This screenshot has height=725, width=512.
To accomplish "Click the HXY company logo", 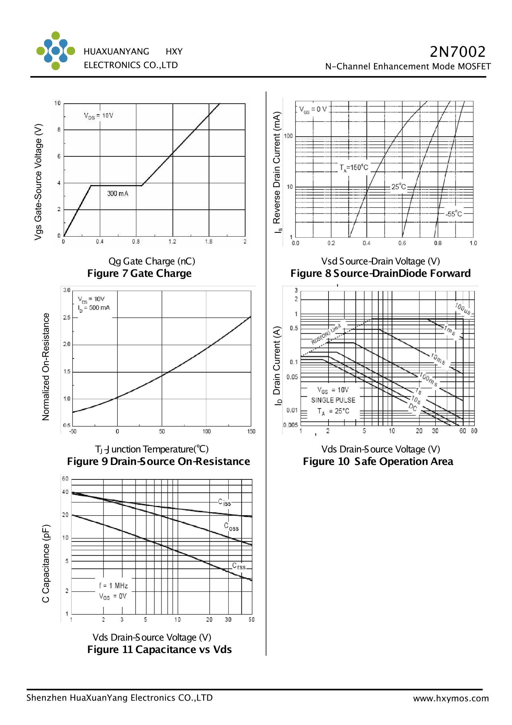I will coord(56,51).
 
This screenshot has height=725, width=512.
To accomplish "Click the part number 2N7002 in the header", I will coord(457,52).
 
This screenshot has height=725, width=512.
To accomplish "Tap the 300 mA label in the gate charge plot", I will coord(117,194).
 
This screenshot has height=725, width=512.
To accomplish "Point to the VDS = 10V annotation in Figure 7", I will coord(98,116).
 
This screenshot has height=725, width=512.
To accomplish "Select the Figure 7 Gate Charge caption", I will coord(139,273).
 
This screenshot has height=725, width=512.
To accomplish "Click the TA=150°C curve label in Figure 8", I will coord(354,168).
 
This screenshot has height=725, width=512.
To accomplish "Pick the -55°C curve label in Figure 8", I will coord(453,214).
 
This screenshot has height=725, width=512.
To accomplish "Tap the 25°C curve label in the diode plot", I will coord(398,187).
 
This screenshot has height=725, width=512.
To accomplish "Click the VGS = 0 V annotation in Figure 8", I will coord(313,110).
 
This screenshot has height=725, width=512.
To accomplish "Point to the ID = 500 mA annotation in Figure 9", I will coord(94,308).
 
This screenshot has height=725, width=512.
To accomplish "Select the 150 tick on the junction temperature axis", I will coord(251,432).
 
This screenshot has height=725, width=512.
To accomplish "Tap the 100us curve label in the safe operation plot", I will coord(462,309).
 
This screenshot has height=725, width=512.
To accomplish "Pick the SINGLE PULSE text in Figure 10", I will coord(333,400).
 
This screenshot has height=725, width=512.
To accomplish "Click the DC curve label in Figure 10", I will coord(412,408).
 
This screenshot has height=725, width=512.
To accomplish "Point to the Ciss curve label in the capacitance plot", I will coord(224,503).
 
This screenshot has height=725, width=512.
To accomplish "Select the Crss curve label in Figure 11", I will coord(239,566).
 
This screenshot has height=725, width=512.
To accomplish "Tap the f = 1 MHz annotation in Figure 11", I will coord(113,586).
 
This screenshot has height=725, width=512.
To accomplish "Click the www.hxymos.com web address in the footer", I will coord(451,698).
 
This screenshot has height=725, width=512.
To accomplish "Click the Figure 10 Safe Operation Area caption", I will coord(378,462).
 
